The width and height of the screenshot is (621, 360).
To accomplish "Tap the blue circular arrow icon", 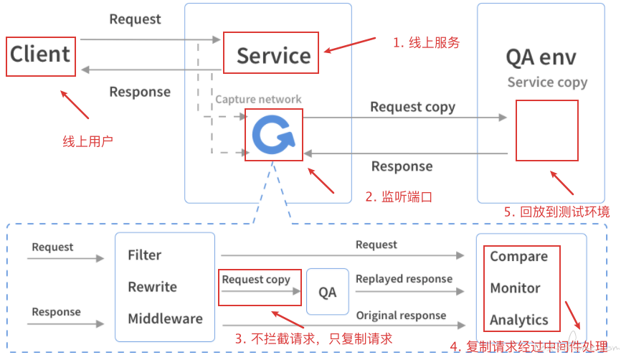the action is [x=274, y=135].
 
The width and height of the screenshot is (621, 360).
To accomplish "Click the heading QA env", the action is [x=541, y=58].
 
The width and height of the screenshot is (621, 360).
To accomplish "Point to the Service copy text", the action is [x=547, y=82].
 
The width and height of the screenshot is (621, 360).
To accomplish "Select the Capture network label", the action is [x=258, y=100].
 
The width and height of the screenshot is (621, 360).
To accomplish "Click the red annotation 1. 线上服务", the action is [x=426, y=42].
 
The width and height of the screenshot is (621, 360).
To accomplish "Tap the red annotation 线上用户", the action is [x=87, y=141].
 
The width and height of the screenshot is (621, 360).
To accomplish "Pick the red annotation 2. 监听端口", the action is [x=399, y=196].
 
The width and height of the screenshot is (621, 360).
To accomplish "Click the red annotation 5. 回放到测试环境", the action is [x=556, y=212].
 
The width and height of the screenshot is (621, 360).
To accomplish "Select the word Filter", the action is [x=145, y=255].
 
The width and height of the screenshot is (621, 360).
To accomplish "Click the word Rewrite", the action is [x=153, y=287].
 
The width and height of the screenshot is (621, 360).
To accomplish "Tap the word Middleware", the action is [x=165, y=318].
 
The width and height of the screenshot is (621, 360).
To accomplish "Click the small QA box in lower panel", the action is [x=328, y=292].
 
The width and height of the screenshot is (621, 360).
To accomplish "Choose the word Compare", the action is [x=519, y=257].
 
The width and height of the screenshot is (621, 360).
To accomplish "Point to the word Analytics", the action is [x=519, y=320].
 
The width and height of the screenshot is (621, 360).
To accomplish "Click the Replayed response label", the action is [x=404, y=279].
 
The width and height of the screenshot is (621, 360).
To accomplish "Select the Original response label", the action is [x=401, y=316].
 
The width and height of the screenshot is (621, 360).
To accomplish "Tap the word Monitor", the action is [x=515, y=288].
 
